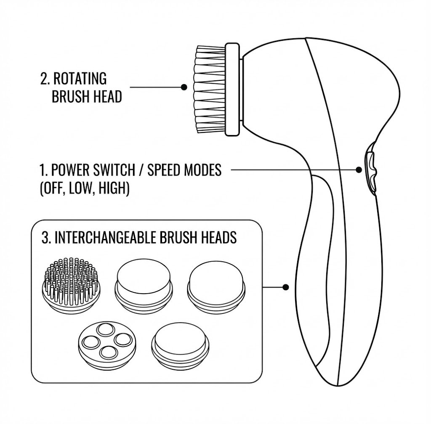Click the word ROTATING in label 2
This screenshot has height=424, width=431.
(80, 79)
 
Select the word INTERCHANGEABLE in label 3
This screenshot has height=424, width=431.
(106, 237)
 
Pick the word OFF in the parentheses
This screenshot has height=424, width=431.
(52, 188)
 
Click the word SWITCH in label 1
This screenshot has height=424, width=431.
(114, 170)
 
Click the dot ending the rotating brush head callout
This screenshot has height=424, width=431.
(184, 87)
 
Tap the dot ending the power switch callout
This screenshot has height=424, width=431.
(359, 170)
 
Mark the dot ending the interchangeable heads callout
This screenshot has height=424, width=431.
(286, 287)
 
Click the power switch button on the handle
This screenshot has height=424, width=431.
(371, 169)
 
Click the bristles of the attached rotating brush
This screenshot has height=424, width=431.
(210, 89)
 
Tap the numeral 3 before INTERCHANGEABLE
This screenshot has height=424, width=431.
(45, 238)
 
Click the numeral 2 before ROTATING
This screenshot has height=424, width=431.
(44, 79)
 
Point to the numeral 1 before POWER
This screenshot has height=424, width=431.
(43, 170)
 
